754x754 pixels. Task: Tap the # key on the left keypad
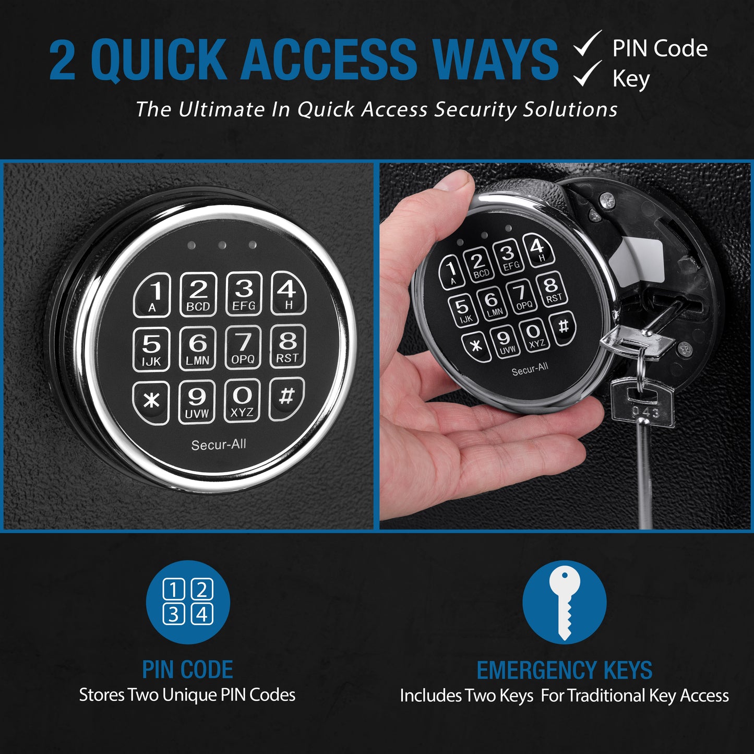click(286, 398)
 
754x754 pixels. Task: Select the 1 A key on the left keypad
click(152, 295)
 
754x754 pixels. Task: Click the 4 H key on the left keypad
click(288, 293)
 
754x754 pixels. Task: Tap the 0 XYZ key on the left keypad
click(242, 400)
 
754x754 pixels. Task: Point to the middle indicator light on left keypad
click(222, 245)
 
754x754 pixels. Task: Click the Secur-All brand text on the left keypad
click(219, 445)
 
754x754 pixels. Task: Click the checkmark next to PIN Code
click(588, 44)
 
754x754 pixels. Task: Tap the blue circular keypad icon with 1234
click(188, 602)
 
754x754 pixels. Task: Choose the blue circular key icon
click(564, 602)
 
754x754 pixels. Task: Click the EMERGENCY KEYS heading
click(564, 671)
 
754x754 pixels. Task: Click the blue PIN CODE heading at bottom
click(188, 670)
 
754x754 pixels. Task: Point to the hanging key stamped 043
click(643, 405)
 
